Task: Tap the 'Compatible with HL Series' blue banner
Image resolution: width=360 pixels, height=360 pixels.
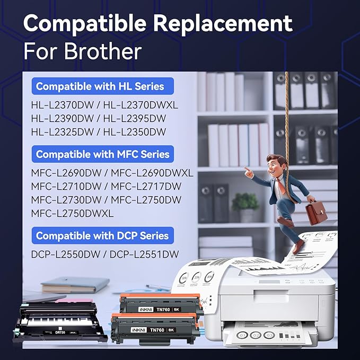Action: (100, 86)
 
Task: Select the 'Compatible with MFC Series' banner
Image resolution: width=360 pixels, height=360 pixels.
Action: (102, 154)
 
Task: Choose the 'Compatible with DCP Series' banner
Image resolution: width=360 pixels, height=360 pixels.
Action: (102, 235)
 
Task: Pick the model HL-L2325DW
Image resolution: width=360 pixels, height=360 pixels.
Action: (60, 131)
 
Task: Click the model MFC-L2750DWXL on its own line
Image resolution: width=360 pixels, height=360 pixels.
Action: (73, 213)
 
